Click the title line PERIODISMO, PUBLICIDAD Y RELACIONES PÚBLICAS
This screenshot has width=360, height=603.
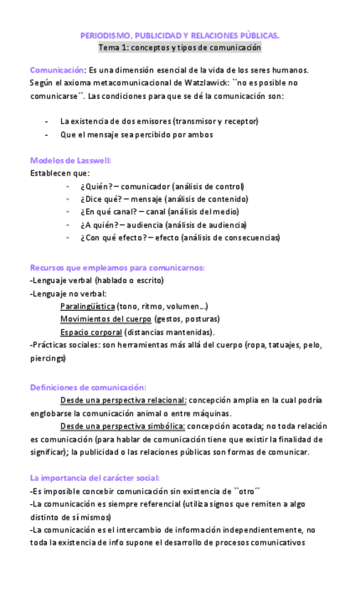click(179, 35)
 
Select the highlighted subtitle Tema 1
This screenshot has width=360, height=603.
click(179, 48)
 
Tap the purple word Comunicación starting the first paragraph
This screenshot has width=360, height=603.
click(57, 70)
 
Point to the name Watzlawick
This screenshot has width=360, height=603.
click(205, 82)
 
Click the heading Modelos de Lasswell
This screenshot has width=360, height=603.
click(70, 160)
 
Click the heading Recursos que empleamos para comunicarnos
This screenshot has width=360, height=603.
click(117, 267)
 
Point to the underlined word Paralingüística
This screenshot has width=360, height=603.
click(88, 306)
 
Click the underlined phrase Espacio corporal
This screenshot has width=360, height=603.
click(91, 331)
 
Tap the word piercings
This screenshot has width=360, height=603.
click(47, 358)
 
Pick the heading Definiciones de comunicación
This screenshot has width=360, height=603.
click(88, 388)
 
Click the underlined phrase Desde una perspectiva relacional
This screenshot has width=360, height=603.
click(124, 400)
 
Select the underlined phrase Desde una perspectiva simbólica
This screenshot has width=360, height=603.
click(123, 426)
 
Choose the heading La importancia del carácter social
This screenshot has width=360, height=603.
click(95, 478)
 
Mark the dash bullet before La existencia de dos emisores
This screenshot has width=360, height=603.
click(47, 122)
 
